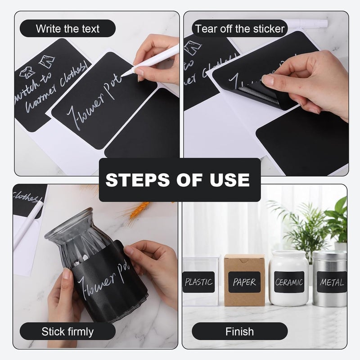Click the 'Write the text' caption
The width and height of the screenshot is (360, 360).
coord(67,29)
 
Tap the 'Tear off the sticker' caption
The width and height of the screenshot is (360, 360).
coord(240,29)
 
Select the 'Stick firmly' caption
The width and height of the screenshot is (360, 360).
coord(67,332)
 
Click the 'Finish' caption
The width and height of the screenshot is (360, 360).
coord(239,332)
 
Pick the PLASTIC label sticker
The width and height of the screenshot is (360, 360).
coord(198,282)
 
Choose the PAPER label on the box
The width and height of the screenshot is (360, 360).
coord(244,282)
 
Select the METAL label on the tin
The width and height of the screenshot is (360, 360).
coord(332,282)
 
